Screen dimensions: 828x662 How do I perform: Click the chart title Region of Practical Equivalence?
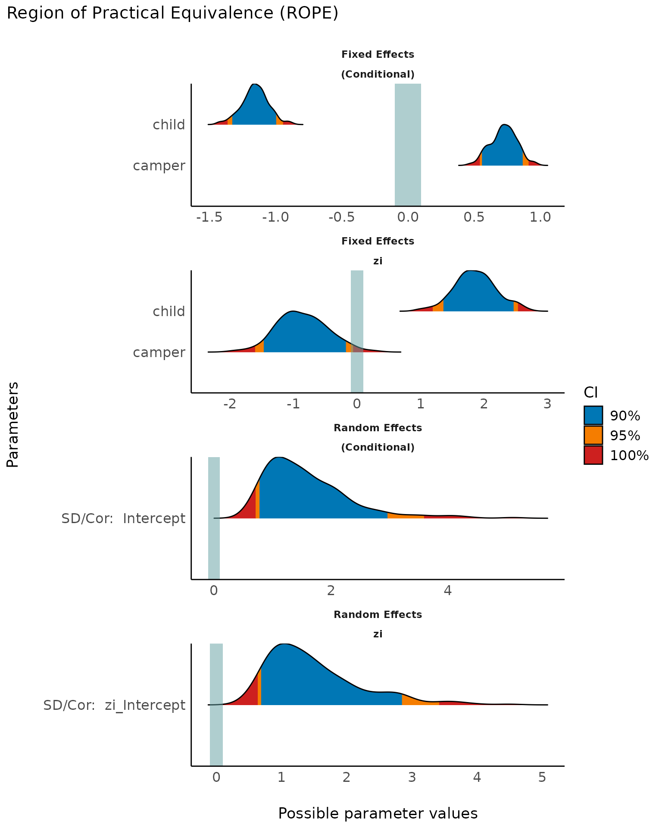(172, 14)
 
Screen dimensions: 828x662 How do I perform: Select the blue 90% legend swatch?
(593, 415)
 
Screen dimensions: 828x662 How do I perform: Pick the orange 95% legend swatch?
(593, 435)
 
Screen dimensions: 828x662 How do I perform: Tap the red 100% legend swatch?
(593, 455)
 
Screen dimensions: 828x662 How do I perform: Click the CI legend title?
(590, 392)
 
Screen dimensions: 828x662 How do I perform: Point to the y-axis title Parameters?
(13, 424)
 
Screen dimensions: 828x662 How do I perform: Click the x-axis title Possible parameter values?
(378, 813)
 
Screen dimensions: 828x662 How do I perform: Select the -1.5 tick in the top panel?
(209, 217)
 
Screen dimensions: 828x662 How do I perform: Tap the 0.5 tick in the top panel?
(474, 217)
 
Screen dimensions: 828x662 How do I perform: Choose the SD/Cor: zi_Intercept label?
(114, 706)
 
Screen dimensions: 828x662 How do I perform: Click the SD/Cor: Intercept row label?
(123, 518)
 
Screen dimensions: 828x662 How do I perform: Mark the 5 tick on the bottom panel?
(542, 778)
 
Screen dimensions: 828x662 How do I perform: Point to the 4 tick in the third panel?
(448, 591)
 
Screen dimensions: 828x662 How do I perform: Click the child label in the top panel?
(169, 125)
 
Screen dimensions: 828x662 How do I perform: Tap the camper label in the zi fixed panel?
(159, 353)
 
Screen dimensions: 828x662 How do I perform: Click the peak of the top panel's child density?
(255, 84)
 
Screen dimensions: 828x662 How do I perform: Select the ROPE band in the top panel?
(408, 144)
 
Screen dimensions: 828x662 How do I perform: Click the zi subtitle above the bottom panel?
(378, 634)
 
